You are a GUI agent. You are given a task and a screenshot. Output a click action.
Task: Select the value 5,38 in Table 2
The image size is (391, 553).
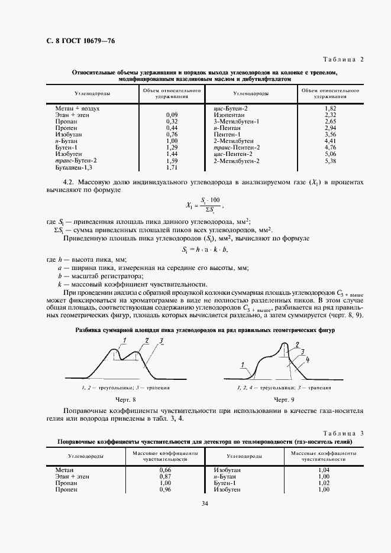(x=331, y=161)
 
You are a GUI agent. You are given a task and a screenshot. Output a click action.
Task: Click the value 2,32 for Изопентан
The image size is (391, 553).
(x=331, y=115)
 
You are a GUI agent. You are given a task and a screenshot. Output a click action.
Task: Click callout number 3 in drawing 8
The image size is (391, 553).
(x=161, y=341)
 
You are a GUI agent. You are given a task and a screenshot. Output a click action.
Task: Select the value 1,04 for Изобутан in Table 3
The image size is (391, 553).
(x=324, y=469)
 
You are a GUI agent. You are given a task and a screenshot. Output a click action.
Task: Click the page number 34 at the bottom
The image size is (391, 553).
(x=204, y=504)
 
